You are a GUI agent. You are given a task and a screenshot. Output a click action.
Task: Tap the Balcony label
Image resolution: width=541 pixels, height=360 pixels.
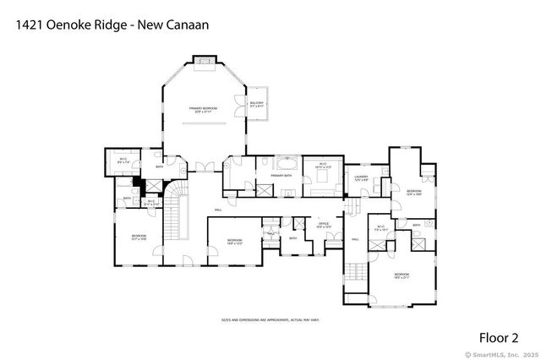pyautogui.click(x=256, y=104)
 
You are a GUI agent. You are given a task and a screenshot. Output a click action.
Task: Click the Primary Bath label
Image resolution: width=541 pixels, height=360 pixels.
pyautogui.click(x=282, y=176)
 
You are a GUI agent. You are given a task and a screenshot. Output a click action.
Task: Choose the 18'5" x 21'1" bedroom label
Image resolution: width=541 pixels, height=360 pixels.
pyautogui.click(x=401, y=275)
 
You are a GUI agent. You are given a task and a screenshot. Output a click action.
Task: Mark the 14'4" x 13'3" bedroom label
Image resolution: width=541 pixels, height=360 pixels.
pyautogui.click(x=235, y=242)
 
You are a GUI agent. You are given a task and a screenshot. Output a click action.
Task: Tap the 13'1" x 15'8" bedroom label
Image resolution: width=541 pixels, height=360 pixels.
pyautogui.click(x=139, y=237)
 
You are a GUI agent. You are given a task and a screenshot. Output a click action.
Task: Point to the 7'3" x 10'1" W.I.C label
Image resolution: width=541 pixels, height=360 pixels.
pyautogui.click(x=380, y=226)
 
